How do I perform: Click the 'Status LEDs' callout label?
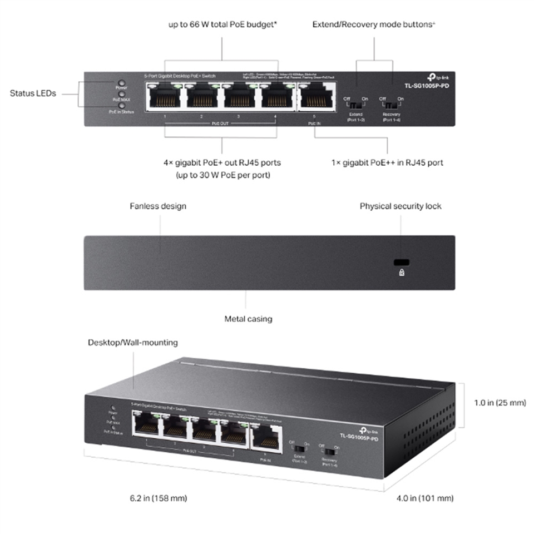pyautogui.click(x=33, y=93)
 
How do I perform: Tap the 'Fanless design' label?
pyautogui.click(x=158, y=206)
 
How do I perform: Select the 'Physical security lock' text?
pyautogui.click(x=400, y=206)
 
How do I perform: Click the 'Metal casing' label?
pyautogui.click(x=248, y=319)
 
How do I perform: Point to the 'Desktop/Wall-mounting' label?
pyautogui.click(x=133, y=342)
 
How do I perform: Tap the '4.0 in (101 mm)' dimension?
pyautogui.click(x=425, y=498)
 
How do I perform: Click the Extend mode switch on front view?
pyautogui.click(x=355, y=105)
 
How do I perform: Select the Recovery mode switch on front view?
pyautogui.click(x=392, y=105)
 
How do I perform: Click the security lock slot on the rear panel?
pyautogui.click(x=400, y=263)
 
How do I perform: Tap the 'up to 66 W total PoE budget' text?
pyautogui.click(x=222, y=24)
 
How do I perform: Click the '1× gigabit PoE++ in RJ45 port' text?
pyautogui.click(x=387, y=163)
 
